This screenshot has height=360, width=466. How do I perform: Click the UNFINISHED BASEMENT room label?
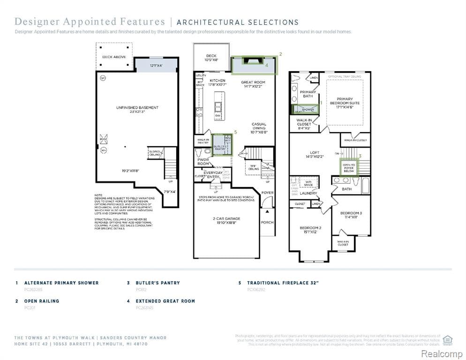coord(137,108)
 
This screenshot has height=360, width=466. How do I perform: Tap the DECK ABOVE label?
coord(114,57)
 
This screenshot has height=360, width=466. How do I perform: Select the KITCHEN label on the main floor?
coord(217,81)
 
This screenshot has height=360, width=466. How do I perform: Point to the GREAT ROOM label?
coord(253,82)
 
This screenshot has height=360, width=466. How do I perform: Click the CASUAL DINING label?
coord(259,126)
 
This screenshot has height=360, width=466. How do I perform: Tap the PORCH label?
coord(267,222)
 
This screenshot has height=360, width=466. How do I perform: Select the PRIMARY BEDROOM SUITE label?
coord(345,103)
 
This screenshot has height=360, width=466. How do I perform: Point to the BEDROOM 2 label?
coord(310,228)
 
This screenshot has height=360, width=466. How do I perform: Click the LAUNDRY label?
coord(308,193)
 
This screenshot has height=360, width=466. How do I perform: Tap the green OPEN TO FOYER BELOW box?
coord(349,167)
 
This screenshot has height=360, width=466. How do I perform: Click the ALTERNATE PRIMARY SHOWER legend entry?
coord(61,283)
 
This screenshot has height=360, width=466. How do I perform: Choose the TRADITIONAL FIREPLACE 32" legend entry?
coord(283,283)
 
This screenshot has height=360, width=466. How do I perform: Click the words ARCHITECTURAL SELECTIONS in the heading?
coord(238,22)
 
